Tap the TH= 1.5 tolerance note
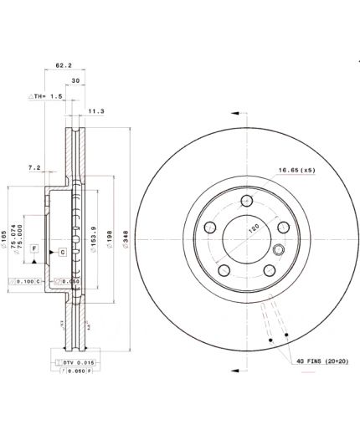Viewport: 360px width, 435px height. (x=47, y=97)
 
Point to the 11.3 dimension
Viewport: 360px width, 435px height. (x=95, y=110)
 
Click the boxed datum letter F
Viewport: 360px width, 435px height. (x=34, y=249)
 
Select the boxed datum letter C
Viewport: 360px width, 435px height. (x=62, y=252)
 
